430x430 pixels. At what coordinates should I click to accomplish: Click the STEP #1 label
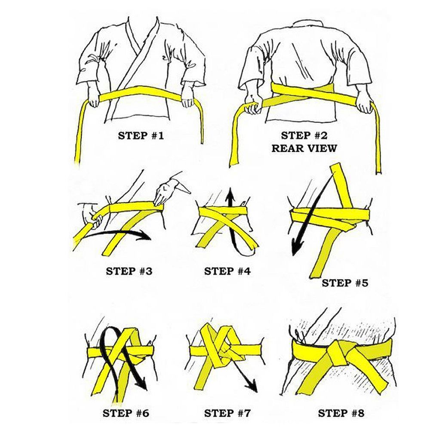[141, 135]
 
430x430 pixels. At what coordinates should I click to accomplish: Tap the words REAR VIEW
[304, 148]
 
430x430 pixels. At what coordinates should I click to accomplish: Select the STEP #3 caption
[129, 271]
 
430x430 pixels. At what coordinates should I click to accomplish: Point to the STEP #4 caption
[227, 271]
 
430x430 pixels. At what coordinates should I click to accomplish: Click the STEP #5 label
[345, 283]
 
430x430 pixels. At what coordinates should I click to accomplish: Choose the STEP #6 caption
[126, 413]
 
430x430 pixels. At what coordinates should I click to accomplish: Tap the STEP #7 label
[227, 413]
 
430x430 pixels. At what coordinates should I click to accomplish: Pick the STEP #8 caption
[341, 413]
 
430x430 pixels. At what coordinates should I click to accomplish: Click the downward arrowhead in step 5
[296, 246]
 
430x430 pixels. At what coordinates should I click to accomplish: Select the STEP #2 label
[304, 135]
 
